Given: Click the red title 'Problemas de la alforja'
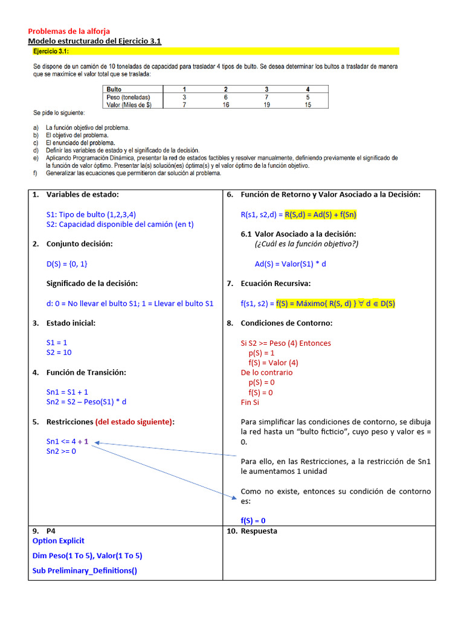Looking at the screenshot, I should [x=69, y=31].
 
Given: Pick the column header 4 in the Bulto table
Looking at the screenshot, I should [x=308, y=89].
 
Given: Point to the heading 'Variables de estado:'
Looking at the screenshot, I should [x=83, y=194].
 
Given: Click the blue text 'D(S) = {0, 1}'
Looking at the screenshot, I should [x=71, y=264].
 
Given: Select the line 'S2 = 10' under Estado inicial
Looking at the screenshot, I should [x=59, y=352].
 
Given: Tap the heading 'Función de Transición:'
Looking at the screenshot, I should [x=86, y=372].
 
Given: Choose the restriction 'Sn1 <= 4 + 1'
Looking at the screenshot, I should [x=67, y=441].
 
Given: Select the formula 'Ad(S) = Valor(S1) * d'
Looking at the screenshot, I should [x=291, y=264].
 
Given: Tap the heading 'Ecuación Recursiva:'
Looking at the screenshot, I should [x=276, y=283].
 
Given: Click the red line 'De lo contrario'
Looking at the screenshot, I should [x=266, y=372].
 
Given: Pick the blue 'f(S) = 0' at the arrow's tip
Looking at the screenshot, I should [x=253, y=521].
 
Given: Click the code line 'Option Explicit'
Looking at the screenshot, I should [x=59, y=541].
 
